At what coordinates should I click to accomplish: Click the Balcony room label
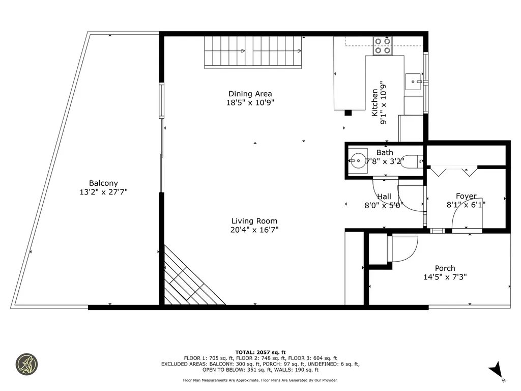pos(103,183)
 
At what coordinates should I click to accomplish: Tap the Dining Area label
pos(250,94)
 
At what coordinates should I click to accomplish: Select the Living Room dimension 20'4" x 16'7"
pos(254,230)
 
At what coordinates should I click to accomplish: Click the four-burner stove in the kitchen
pos(383,46)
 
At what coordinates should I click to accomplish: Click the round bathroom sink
pos(358,161)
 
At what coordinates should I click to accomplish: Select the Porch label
pos(445,268)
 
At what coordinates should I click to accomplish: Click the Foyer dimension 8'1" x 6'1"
pos(466,205)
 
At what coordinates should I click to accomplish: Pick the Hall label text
pos(384,197)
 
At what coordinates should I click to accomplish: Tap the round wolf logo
pos(27,365)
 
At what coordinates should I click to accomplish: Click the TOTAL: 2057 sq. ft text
pos(260,352)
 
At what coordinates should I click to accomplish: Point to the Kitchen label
pos(374,103)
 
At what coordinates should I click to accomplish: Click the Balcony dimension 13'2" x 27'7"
pos(104,192)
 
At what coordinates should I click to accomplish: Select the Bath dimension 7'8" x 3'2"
pos(385,162)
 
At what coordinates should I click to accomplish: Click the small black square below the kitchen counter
pos(348,113)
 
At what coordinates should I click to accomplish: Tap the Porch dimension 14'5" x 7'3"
pos(445,277)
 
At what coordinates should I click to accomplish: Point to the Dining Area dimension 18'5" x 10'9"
pos(250,103)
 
